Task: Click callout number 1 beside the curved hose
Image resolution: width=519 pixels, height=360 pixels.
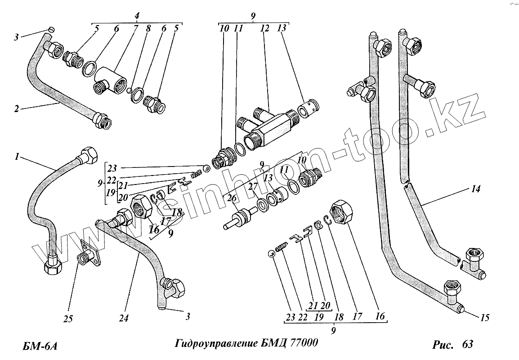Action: click(17, 157)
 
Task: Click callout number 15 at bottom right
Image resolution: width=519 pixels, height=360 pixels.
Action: click(484, 319)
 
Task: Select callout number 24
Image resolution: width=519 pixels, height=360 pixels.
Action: click(124, 318)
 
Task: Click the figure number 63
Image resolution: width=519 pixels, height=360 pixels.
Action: click(467, 345)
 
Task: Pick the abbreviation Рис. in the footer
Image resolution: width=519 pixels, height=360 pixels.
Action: click(445, 345)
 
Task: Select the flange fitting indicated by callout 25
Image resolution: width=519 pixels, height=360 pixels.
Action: click(89, 254)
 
